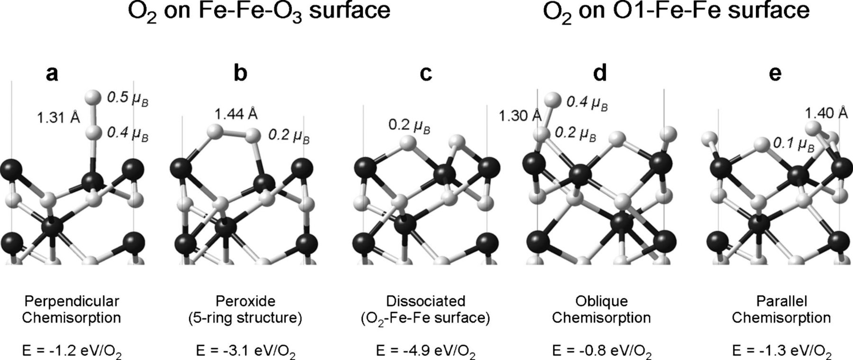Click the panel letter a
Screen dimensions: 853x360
pyautogui.click(x=52, y=73)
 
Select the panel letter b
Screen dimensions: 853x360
pyautogui.click(x=241, y=73)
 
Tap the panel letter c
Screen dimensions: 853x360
pyautogui.click(x=426, y=73)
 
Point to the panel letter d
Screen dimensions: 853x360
pyautogui.click(x=600, y=73)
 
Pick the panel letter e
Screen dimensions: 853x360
pyautogui.click(x=775, y=73)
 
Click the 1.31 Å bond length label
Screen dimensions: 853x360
pyautogui.click(x=59, y=117)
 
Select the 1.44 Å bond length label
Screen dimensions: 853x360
pyautogui.click(x=236, y=114)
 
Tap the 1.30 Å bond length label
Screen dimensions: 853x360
pyautogui.click(x=520, y=115)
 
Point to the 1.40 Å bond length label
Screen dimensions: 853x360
pyautogui.click(x=826, y=113)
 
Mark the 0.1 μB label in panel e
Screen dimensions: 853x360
pyautogui.click(x=794, y=144)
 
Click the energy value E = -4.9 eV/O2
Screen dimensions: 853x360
pyautogui.click(x=426, y=351)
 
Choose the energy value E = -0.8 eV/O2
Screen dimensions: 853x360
pyautogui.click(x=602, y=351)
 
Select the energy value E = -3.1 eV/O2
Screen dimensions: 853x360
pyautogui.click(x=246, y=351)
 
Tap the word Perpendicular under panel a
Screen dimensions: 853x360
pyautogui.click(x=72, y=301)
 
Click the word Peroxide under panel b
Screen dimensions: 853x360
pyautogui.click(x=245, y=301)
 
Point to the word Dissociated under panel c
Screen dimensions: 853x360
pyautogui.click(x=426, y=301)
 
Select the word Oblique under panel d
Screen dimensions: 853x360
pyautogui.click(x=602, y=301)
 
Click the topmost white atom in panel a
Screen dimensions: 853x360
pyautogui.click(x=93, y=98)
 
